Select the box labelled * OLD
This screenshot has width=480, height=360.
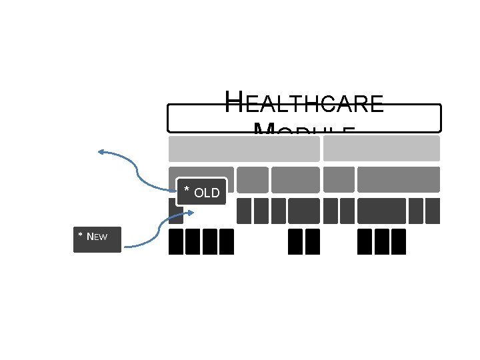202,192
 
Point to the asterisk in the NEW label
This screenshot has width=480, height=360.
81,236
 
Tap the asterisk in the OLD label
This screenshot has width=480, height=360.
187,192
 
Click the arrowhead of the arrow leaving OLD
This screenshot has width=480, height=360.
101,153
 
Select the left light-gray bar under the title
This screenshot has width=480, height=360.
244,149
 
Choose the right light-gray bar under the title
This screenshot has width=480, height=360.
381,149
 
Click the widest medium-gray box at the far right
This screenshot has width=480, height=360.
399,179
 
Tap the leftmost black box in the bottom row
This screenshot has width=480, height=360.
176,241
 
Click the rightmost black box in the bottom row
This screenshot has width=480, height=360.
399,241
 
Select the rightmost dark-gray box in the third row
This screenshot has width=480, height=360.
433,211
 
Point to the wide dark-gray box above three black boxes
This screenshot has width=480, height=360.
381,211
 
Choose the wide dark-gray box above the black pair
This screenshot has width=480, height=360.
304,211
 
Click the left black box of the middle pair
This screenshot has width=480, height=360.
295,241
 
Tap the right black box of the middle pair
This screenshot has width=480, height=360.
313,241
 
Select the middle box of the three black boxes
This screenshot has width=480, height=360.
381,241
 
